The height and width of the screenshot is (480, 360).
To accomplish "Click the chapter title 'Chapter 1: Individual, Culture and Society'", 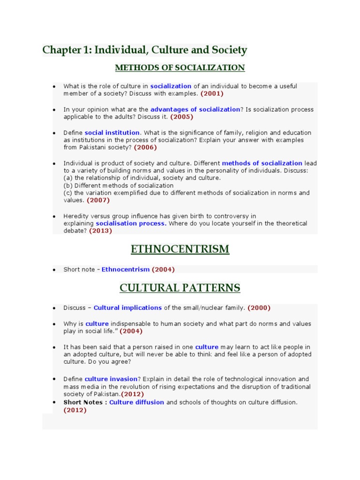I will tap(144, 50).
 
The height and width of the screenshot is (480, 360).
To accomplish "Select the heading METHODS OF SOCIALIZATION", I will tap(180, 68).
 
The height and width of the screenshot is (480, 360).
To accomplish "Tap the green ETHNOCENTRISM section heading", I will tap(180, 249).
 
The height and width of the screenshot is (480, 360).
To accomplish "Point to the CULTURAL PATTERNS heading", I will tap(180, 287).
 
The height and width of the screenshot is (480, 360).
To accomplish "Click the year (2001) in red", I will tap(212, 94).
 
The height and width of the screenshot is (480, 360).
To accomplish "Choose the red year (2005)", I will tap(181, 117).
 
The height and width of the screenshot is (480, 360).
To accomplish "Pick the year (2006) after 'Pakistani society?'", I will tap(145, 147).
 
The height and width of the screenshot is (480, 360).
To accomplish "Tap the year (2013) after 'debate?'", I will tap(101, 231).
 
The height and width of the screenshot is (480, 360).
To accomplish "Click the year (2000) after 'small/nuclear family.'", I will tap(259, 308).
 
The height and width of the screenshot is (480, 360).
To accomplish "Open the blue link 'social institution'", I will tap(112, 133).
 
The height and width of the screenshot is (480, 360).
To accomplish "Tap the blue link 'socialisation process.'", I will tap(131, 224).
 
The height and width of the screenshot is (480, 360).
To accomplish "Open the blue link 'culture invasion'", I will tap(111, 379).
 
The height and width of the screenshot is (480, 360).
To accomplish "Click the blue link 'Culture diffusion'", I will tap(137, 402).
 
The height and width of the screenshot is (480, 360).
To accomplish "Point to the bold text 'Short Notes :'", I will tap(85, 402).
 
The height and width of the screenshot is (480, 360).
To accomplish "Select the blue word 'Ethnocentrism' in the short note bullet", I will tap(126, 270).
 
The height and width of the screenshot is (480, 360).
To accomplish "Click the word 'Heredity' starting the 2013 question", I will tap(76, 216).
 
